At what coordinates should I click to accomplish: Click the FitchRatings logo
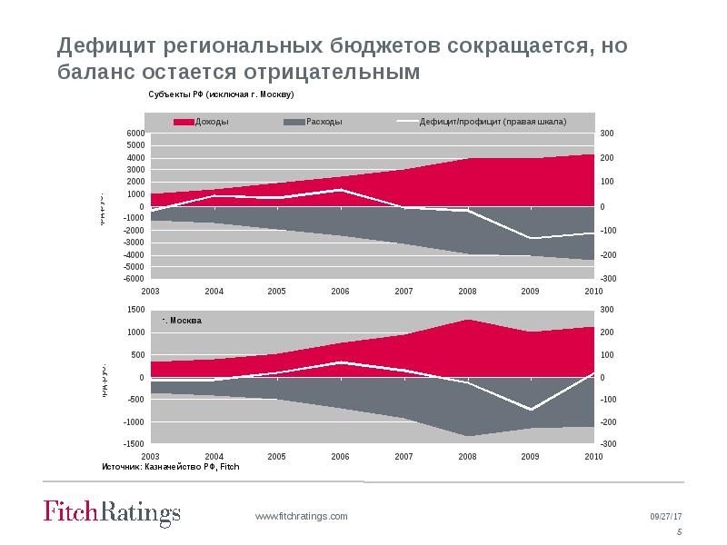112,513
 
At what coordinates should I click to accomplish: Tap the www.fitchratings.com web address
301,516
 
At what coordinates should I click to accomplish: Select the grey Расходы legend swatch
294,122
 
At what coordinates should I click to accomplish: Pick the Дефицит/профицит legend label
493,122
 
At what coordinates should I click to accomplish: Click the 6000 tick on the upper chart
135,134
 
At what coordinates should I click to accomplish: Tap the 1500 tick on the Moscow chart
135,310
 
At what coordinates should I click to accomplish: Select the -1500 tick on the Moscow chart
134,444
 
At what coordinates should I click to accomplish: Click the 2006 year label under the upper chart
340,291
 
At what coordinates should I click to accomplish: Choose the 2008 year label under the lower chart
467,456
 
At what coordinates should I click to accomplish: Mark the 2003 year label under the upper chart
151,291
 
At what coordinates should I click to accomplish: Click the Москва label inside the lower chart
184,322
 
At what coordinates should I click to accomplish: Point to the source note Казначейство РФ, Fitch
170,467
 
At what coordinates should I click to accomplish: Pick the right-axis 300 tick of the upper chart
608,134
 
